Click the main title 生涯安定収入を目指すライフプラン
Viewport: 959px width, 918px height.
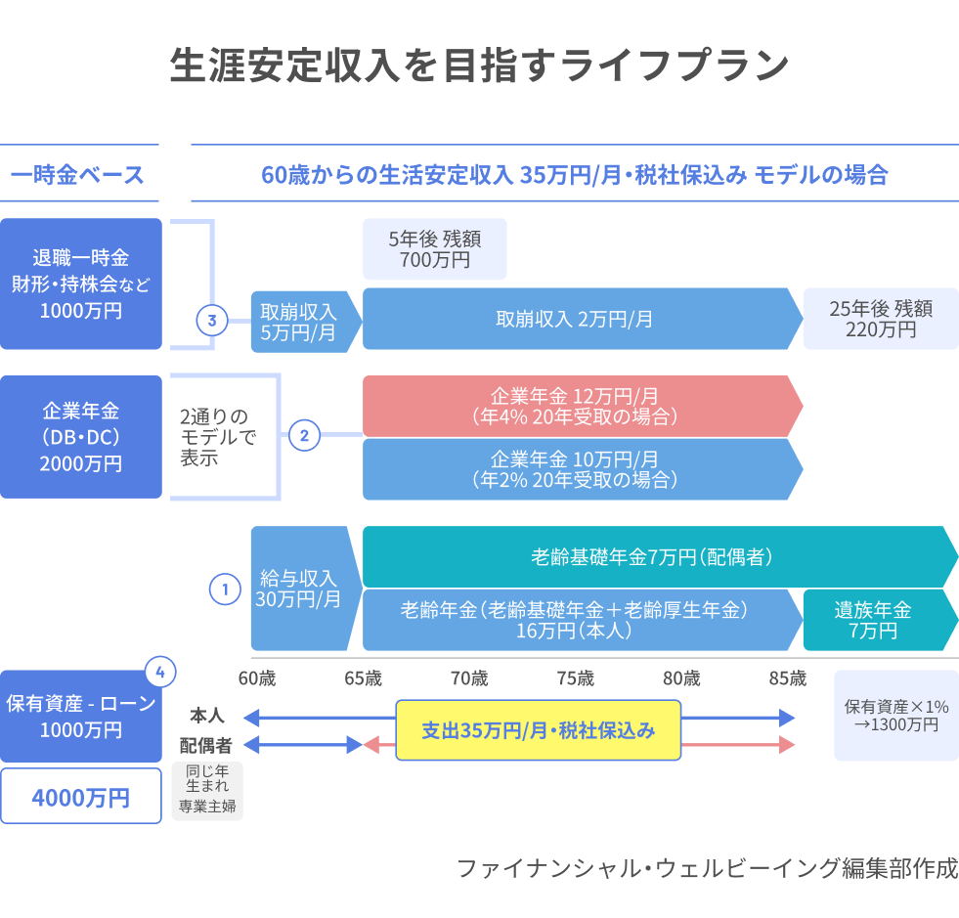coord(479,66)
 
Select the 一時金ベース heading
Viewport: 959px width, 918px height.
coord(78,175)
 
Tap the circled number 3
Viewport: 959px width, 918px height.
coord(212,319)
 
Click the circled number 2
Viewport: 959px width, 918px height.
coord(303,436)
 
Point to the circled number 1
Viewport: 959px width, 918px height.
coord(225,590)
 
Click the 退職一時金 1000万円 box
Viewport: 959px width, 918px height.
coord(81,284)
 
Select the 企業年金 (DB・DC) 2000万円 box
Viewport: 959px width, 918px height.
coord(81,437)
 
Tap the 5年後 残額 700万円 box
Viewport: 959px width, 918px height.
coord(434,248)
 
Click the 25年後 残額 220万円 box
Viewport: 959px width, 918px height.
coord(880,319)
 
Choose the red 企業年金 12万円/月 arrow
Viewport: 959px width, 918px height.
coord(577,406)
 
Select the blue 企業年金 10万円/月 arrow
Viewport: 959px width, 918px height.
coord(577,469)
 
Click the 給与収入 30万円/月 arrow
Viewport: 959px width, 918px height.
coord(299,589)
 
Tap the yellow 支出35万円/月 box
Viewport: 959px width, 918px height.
coord(538,730)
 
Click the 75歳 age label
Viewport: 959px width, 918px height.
coord(576,678)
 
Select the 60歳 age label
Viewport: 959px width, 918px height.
coord(256,678)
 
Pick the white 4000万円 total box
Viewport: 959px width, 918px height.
coord(80,796)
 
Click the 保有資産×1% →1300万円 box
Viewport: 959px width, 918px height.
coord(895,716)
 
